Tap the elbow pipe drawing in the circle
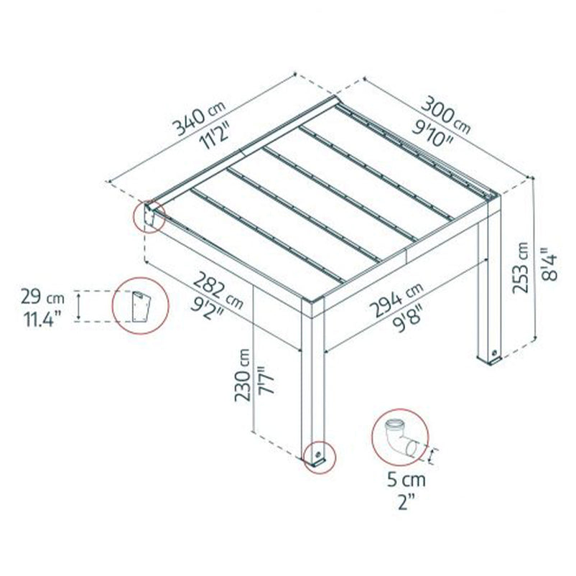pos(399,439)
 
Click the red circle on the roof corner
pos(149,215)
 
